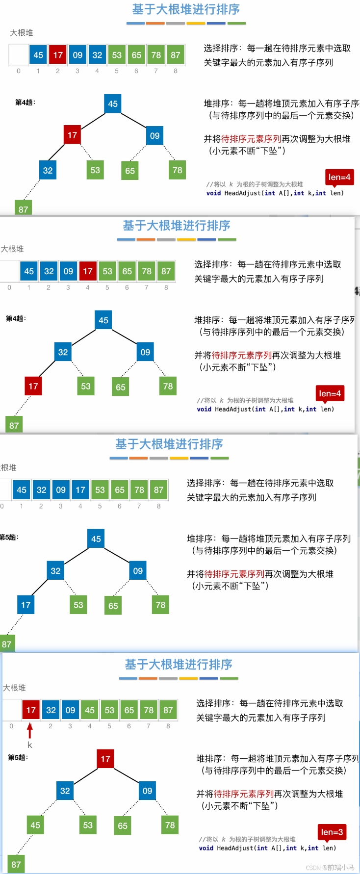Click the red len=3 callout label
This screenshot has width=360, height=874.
[332, 832]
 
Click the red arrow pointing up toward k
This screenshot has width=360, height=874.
[30, 730]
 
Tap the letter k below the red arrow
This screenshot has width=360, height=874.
[30, 745]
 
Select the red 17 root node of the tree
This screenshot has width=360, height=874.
[105, 759]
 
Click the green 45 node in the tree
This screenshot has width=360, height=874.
[35, 825]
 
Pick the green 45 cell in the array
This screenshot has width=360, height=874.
[90, 710]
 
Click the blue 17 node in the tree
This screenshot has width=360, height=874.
[26, 605]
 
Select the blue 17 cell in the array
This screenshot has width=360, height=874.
[80, 489]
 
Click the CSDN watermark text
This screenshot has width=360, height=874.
[330, 868]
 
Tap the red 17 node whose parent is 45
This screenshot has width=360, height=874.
[72, 135]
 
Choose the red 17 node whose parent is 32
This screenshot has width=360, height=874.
[33, 386]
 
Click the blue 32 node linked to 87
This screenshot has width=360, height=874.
[48, 170]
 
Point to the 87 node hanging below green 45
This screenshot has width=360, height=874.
[16, 864]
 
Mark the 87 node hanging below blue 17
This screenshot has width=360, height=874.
[7, 643]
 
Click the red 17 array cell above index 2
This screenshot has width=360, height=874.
[58, 55]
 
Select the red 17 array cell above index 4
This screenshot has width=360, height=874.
[88, 271]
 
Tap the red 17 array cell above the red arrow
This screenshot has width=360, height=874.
[31, 710]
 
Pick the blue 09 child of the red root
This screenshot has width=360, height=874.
[148, 791]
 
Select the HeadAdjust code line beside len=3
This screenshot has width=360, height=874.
[267, 848]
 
